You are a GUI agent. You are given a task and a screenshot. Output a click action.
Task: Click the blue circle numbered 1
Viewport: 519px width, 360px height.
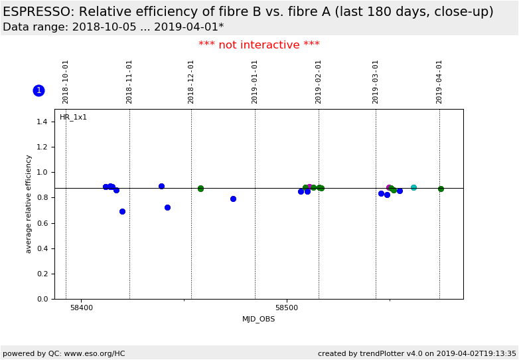coord(38,90)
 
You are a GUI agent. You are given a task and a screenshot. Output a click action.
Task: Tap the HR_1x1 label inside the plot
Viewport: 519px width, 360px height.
coord(73,118)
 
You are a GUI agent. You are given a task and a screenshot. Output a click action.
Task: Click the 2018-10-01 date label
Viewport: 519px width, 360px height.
coord(66,82)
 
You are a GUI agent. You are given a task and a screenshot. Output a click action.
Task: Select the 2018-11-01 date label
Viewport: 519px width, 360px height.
coord(129,82)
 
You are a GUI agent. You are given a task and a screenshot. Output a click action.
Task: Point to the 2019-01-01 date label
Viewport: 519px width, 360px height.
coord(255,82)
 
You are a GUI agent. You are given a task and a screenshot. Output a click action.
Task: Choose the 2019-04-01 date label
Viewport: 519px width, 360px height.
coord(439,82)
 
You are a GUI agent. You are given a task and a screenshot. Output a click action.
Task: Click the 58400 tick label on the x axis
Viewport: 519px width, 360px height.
coord(82,308)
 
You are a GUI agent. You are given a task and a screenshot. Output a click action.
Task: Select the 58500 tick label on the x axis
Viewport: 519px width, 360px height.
coord(287,308)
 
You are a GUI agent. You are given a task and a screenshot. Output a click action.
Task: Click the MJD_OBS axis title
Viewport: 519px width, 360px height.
coord(258,319)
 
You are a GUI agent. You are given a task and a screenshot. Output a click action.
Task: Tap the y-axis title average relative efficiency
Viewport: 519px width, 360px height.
coord(29,204)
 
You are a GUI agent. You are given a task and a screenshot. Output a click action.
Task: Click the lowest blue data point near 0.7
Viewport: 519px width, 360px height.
coord(122,211)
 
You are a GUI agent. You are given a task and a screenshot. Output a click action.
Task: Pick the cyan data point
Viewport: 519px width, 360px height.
coord(413,187)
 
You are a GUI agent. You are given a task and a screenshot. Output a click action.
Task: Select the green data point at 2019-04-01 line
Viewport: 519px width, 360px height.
coord(441,189)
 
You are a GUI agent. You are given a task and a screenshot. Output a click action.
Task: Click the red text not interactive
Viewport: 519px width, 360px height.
coord(259,45)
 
